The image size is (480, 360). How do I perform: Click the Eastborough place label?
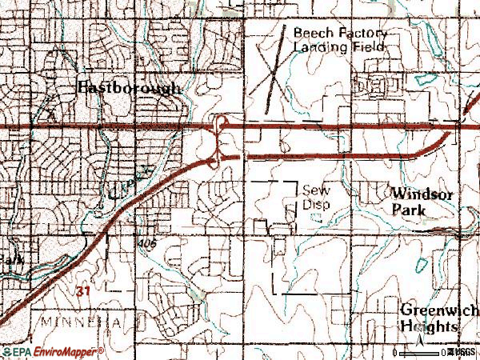click(129, 88)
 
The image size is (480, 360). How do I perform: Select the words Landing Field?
click(339, 47)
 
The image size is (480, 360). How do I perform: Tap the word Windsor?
click(423, 194)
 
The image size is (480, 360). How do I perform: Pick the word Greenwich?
click(439, 310)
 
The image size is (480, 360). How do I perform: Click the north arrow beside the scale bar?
click(419, 345)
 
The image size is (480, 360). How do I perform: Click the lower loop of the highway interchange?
click(214, 162)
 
